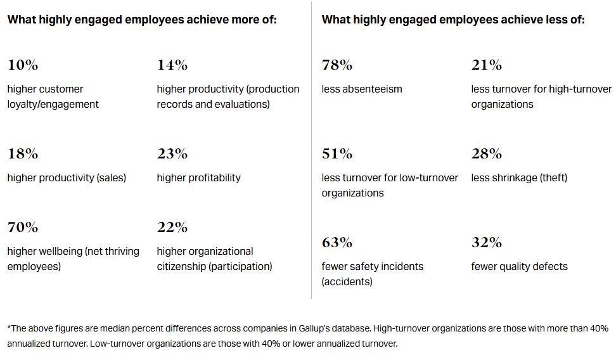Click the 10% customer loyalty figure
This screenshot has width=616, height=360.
tap(23, 65)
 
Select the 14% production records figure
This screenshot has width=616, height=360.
tap(172, 65)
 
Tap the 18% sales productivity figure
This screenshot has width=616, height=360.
tap(23, 153)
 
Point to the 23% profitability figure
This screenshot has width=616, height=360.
tap(172, 153)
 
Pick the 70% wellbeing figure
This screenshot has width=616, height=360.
tap(23, 227)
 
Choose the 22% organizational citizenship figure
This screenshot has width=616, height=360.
tap(172, 227)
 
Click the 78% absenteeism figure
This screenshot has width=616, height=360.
tap(337, 65)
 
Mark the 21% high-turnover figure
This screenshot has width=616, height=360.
tap(486, 65)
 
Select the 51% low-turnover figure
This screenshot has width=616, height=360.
tap(337, 153)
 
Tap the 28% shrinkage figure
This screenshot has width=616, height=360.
tap(487, 153)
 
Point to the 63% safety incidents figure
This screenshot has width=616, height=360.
tap(337, 242)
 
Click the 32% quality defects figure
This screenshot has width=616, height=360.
tap(487, 242)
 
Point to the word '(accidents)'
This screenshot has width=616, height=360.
tap(347, 282)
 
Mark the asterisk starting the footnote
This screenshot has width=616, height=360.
tap(10, 328)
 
